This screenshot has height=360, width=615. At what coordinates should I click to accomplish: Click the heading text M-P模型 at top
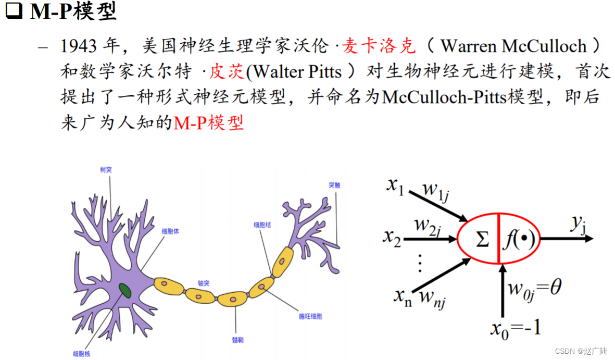point(73,11)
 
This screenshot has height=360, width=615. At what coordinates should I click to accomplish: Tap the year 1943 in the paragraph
point(79,46)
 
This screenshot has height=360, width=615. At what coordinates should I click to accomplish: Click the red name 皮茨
point(227,71)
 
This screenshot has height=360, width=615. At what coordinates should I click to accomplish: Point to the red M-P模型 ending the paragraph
point(209,123)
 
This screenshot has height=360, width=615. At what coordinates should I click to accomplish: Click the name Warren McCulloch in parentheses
point(513,46)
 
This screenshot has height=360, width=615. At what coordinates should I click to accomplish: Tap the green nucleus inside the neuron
point(125,290)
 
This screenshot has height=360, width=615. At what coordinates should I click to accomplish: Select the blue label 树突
point(106,169)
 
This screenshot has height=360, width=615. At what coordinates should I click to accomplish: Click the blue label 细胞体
point(170,231)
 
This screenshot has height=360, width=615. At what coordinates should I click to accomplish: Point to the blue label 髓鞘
point(237,340)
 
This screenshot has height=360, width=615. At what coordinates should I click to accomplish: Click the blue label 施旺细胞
point(310,316)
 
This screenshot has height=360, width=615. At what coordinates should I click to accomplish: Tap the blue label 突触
point(334,185)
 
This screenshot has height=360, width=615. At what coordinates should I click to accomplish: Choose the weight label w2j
point(428,226)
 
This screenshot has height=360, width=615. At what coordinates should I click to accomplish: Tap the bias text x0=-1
point(516,328)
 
